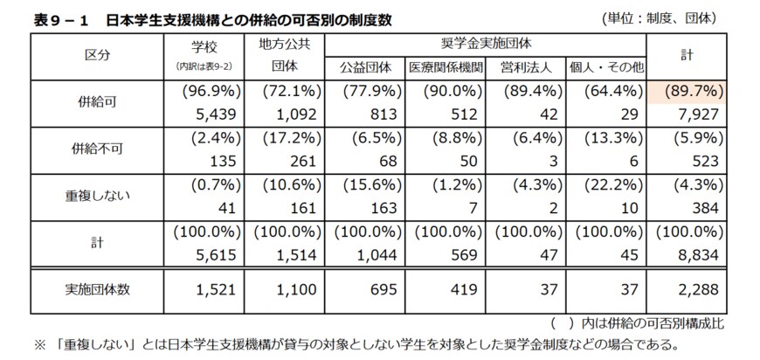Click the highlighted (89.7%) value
click(694, 91)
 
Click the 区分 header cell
click(97, 53)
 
